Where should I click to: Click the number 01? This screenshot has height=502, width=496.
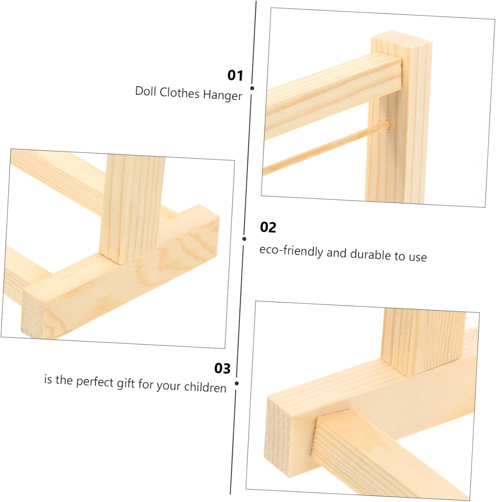235,75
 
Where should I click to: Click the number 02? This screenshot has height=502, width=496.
268,227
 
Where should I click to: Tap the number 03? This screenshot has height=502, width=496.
222,368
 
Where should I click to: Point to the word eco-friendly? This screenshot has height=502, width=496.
291,251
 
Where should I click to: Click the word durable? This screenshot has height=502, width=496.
370,254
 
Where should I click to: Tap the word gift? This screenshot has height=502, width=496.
125,383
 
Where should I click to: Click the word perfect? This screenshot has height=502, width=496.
95,382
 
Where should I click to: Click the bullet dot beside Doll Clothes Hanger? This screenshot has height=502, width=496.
252,88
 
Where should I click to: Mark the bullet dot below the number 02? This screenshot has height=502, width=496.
244,239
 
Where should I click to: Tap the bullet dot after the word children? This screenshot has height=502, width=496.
237,383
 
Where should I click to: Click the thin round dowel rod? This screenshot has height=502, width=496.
326,148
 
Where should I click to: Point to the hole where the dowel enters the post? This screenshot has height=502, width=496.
389,124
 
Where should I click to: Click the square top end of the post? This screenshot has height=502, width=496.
401,41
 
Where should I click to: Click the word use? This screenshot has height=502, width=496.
417,257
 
